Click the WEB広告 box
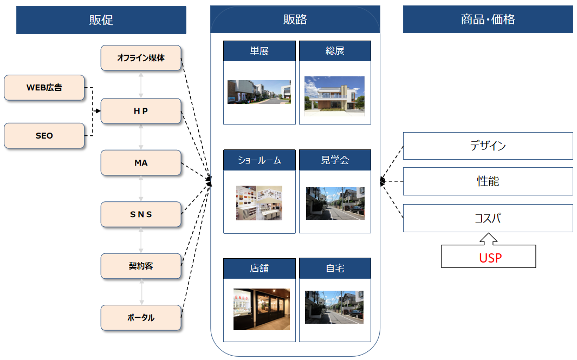44,88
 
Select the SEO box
44,136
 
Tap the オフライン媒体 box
141,58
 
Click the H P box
141,111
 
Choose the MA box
141,163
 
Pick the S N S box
141,214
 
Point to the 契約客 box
141,266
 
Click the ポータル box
141,318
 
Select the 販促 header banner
101,20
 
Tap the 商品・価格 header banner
488,20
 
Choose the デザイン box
488,146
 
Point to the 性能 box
488,181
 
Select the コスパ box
488,218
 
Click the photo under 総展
334,96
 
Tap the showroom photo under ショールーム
259,203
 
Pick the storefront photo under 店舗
261,309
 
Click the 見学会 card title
335,160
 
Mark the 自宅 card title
335,269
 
